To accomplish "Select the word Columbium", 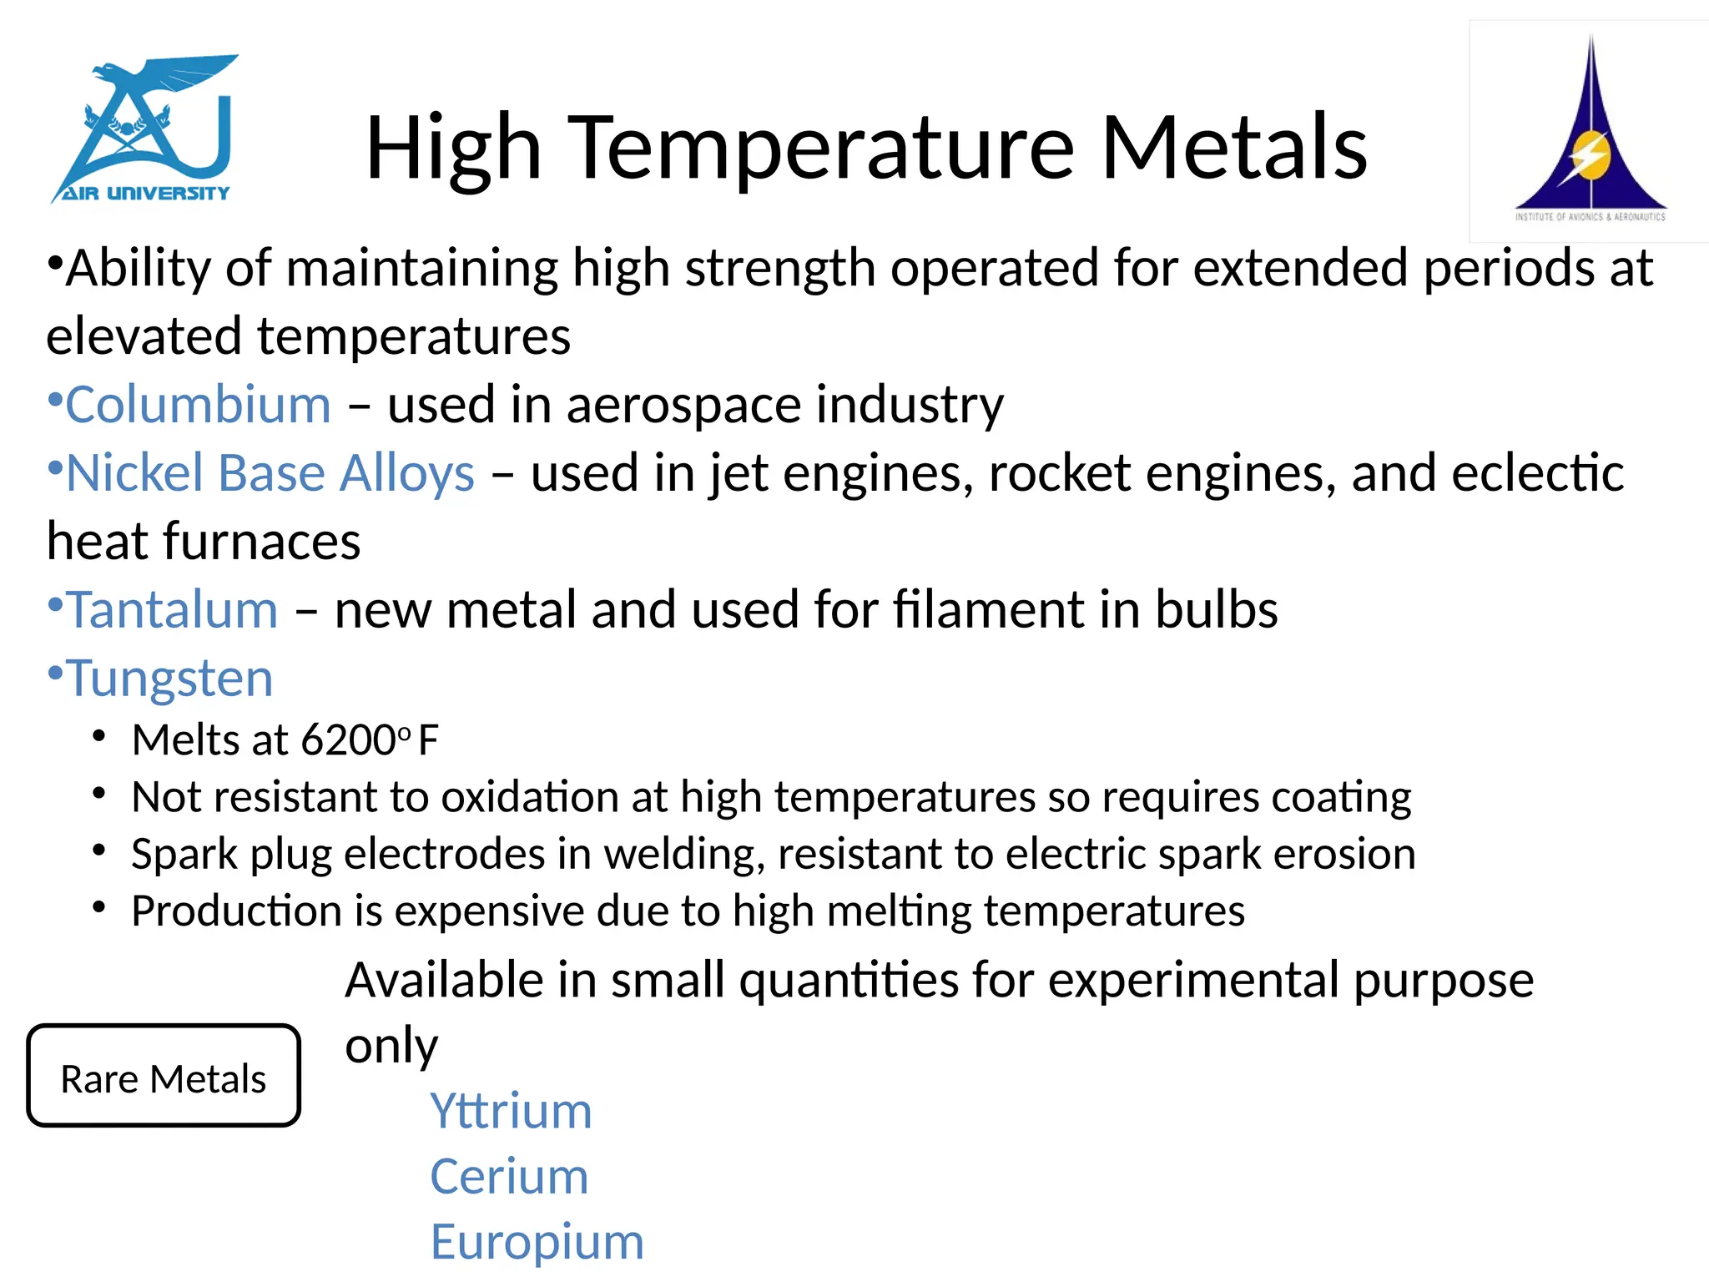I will (199, 405).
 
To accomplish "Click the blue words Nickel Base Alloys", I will (270, 473).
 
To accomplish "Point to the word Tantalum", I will (172, 609).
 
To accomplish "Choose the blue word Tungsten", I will (169, 678).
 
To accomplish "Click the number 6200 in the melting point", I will (348, 740).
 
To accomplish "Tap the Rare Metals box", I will (164, 1077).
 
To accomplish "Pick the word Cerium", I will (509, 1176).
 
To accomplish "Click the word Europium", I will (537, 1241).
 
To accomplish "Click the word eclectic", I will (1537, 473).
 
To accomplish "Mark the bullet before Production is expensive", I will (99, 907).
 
